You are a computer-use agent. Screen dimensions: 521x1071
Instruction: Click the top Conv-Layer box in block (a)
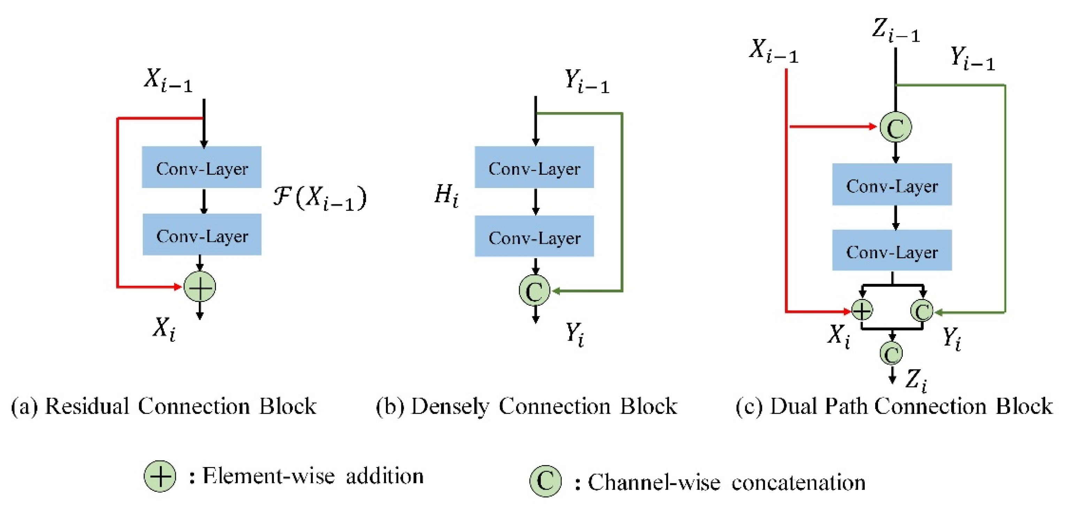pyautogui.click(x=202, y=167)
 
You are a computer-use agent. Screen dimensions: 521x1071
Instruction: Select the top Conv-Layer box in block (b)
pyautogui.click(x=534, y=167)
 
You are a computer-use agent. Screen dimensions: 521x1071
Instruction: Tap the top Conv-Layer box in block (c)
pyautogui.click(x=892, y=184)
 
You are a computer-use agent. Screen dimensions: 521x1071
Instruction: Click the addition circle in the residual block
pyautogui.click(x=200, y=287)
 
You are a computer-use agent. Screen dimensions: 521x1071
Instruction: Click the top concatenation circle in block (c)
pyautogui.click(x=895, y=127)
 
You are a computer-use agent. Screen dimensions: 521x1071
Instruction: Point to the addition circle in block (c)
pyautogui.click(x=862, y=310)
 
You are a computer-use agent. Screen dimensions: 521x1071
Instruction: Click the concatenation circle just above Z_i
pyautogui.click(x=891, y=354)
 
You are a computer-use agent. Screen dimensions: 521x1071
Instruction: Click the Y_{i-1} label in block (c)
pyautogui.click(x=972, y=58)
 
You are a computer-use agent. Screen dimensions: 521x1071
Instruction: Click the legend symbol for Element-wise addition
pyautogui.click(x=160, y=476)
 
